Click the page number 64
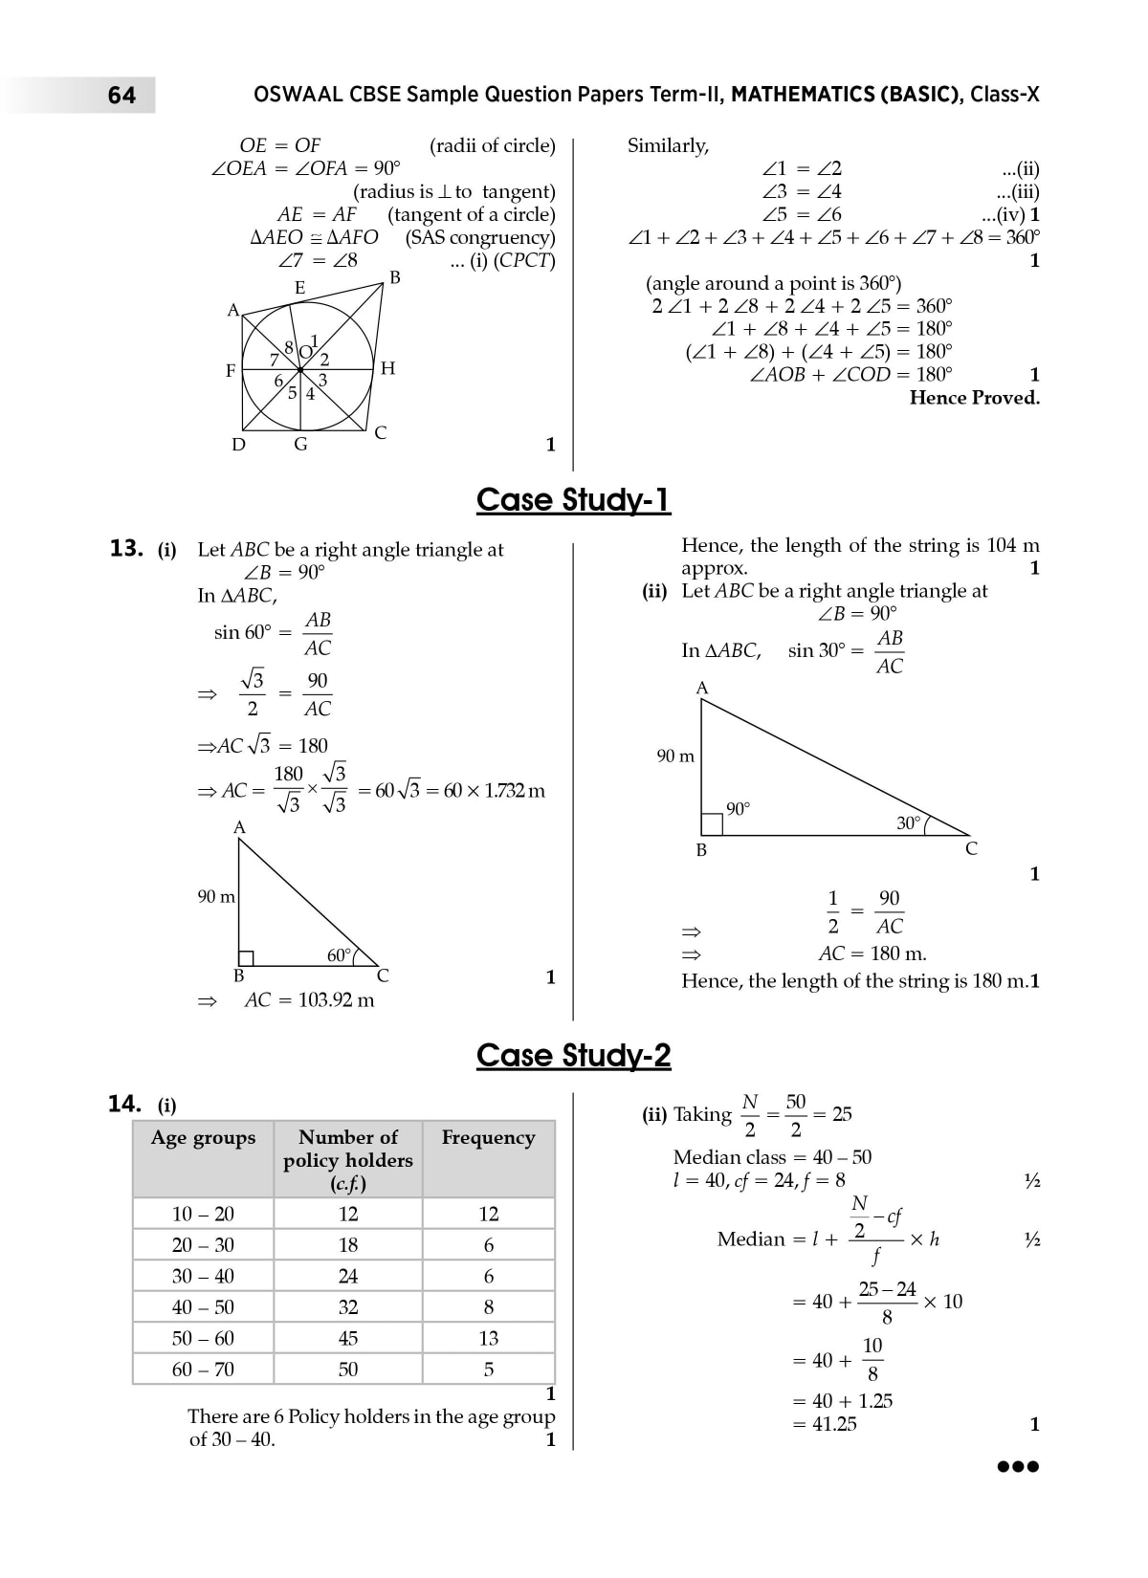point(121,95)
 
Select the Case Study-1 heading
point(573,500)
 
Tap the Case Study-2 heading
point(573,1056)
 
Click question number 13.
point(126,549)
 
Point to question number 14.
point(124,1105)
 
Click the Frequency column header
point(488,1137)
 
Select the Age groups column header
point(203,1137)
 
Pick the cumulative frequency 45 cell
point(348,1338)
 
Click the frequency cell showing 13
point(489,1338)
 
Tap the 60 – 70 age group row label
point(203,1370)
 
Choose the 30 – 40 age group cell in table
point(203,1276)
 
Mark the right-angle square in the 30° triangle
point(712,824)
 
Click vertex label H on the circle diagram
point(387,368)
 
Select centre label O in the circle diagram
point(305,352)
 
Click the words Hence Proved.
point(974,398)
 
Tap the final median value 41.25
point(834,1424)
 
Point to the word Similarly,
point(668,145)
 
